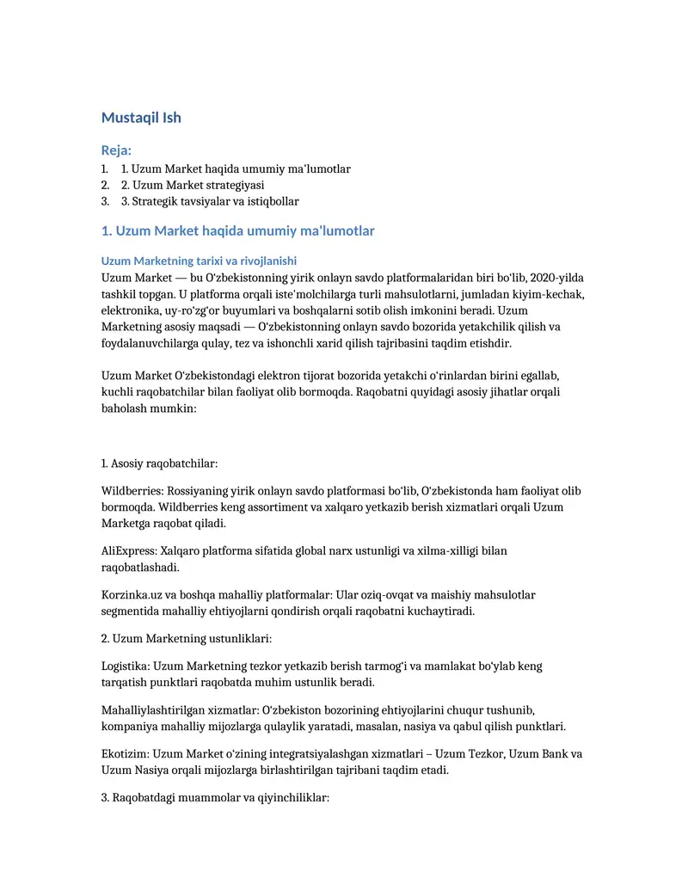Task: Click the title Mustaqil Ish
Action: coord(141,118)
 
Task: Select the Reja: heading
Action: coord(116,150)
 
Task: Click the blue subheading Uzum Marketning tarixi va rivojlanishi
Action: coord(199,261)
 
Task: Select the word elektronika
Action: coord(132,310)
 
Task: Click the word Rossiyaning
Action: coord(199,491)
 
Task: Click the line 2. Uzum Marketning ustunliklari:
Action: coord(187,639)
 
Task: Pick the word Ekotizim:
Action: coord(126,754)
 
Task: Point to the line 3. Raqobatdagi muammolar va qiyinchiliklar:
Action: coord(216,798)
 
